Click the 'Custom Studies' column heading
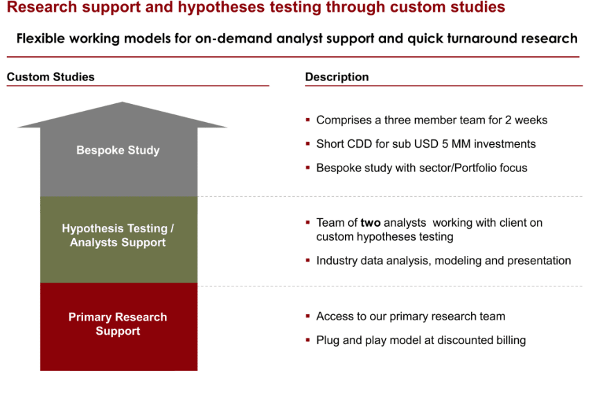[51, 77]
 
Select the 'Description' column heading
[337, 77]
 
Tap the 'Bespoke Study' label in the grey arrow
[118, 150]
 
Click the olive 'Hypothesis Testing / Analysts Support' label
[118, 235]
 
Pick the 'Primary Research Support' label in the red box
[118, 324]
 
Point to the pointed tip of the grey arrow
[122, 102]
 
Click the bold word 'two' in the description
[371, 223]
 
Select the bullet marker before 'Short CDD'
[308, 144]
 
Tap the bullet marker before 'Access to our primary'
[308, 315]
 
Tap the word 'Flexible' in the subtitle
[41, 39]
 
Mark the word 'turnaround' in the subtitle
[482, 39]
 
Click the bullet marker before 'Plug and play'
[308, 340]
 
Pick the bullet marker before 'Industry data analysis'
[308, 260]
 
